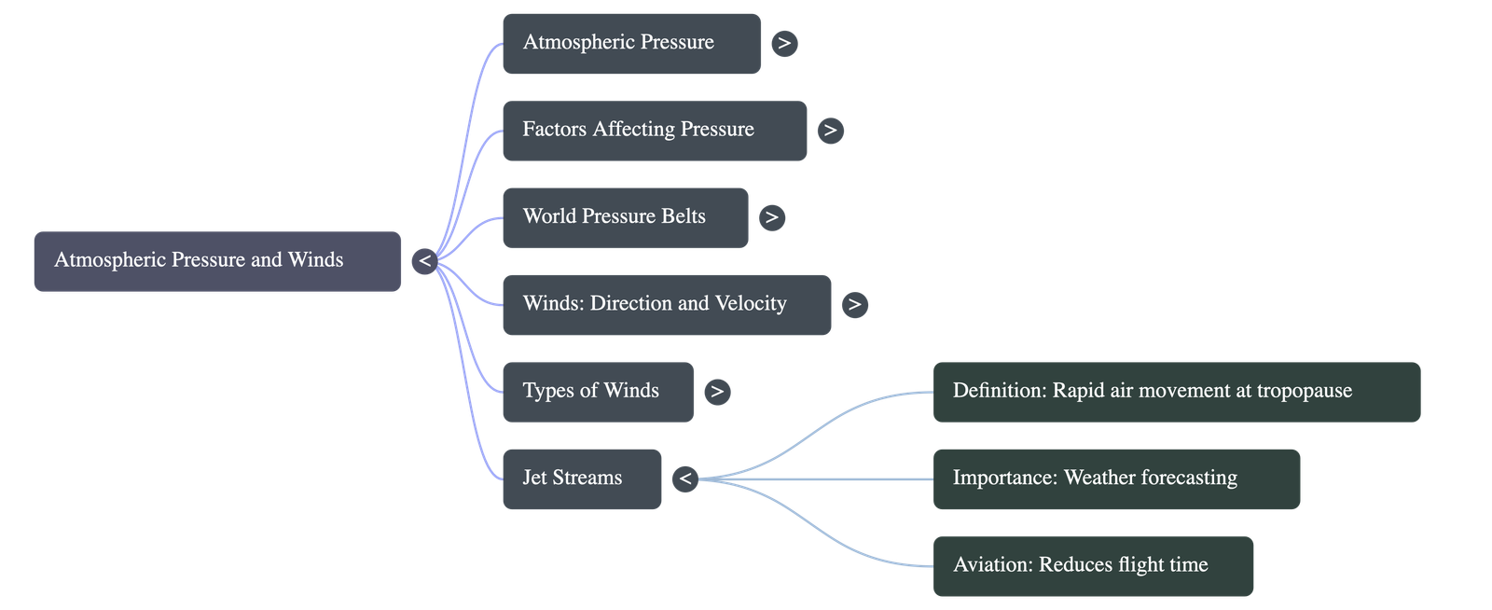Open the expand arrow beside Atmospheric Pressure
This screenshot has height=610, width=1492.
(x=784, y=43)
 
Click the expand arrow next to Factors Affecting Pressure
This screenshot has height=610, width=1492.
(x=830, y=131)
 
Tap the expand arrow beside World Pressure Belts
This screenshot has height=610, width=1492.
(x=771, y=217)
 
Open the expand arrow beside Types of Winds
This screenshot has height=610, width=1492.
(x=716, y=392)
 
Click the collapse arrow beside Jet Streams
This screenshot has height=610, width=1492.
(x=685, y=479)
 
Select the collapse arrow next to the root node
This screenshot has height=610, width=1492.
(x=424, y=261)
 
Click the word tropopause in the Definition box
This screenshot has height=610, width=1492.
(x=1304, y=391)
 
